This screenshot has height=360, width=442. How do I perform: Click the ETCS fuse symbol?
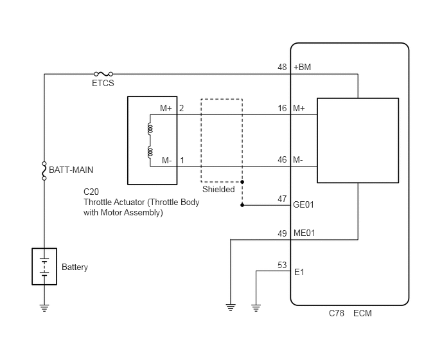(103, 74)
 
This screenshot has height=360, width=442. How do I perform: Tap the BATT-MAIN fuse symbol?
(44, 171)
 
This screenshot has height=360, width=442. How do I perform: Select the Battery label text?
(75, 267)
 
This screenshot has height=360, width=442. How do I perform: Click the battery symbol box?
(44, 266)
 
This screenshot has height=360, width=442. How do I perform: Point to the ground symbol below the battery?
(44, 308)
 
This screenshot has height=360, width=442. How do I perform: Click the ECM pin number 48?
(282, 67)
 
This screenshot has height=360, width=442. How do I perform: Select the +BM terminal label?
(302, 67)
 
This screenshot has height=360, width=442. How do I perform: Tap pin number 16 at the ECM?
(282, 109)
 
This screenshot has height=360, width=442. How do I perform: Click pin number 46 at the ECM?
(282, 159)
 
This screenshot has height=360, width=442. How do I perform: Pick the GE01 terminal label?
(303, 205)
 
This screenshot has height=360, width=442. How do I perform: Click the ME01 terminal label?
(304, 233)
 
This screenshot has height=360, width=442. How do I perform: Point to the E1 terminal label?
(299, 273)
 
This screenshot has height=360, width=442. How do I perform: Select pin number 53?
(282, 265)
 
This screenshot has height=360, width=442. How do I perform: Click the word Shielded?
(218, 189)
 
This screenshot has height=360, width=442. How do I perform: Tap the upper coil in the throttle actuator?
(150, 129)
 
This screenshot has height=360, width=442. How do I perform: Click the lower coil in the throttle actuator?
(150, 152)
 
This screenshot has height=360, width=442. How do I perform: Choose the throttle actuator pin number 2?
(182, 109)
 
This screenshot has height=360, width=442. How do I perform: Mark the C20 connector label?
(91, 192)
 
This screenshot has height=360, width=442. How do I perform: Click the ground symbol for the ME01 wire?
(231, 307)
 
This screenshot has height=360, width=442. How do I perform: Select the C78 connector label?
(337, 314)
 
